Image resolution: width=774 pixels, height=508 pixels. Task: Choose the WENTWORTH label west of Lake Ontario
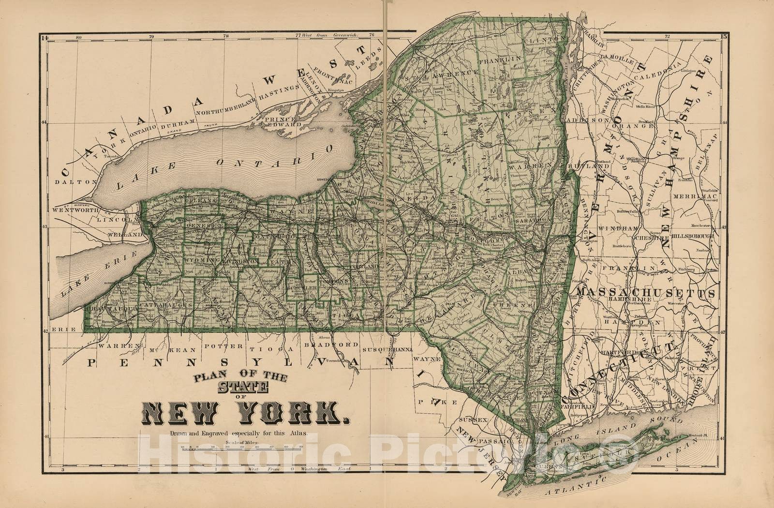pyautogui.click(x=75, y=210)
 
